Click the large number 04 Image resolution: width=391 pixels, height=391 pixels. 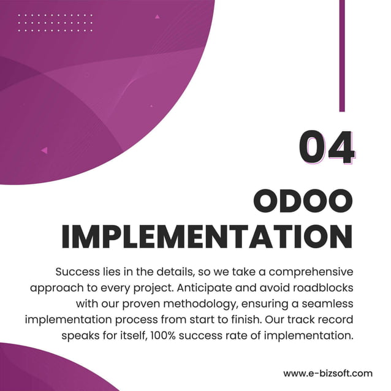point(327,147)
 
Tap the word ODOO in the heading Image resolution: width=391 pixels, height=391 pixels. point(303,203)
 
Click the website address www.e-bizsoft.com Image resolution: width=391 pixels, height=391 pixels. point(327,373)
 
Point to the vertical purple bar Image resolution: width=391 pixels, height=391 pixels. point(342,55)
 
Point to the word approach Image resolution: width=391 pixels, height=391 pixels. point(54,287)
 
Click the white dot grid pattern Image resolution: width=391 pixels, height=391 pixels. point(55,23)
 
